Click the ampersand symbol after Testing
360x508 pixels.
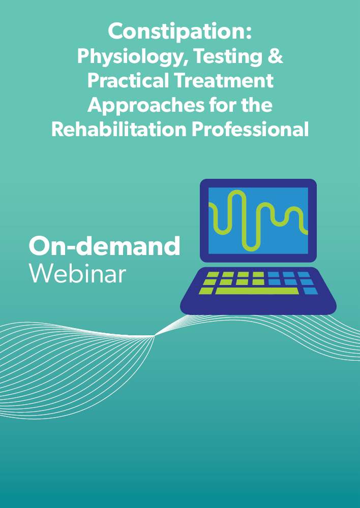point(276,57)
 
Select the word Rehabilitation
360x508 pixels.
point(118,129)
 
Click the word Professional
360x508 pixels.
point(250,129)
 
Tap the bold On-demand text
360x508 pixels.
point(104,246)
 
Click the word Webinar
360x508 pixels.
point(77,274)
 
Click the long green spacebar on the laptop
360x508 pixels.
point(257,291)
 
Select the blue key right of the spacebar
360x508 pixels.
point(310,291)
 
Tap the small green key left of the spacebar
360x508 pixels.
point(206,291)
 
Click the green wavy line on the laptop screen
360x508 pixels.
point(258,220)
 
